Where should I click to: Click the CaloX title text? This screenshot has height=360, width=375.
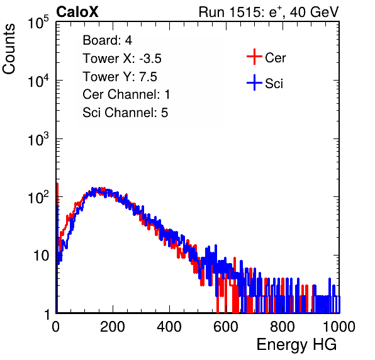click(77, 12)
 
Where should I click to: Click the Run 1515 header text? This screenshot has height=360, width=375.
click(269, 12)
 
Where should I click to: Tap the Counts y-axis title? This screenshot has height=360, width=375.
click(9, 49)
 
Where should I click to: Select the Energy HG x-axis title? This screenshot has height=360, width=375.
click(296, 345)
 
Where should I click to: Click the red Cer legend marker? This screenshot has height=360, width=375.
click(254, 57)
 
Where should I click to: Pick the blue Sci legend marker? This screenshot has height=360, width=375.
click(254, 82)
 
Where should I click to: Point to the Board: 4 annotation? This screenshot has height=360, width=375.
click(107, 40)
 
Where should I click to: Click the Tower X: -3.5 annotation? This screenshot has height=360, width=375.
click(122, 58)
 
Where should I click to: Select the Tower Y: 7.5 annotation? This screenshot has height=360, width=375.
click(120, 76)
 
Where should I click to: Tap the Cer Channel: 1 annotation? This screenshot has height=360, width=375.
click(126, 94)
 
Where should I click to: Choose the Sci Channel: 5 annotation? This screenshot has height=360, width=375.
click(125, 113)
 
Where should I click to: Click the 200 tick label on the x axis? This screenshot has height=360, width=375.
click(113, 327)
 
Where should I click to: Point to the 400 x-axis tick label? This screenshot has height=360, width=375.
click(169, 327)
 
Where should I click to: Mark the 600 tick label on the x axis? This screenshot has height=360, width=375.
click(226, 327)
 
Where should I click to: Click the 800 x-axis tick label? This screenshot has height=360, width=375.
click(283, 327)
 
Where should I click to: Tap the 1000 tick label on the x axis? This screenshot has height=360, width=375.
click(339, 327)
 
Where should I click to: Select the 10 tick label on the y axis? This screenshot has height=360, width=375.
click(42, 256)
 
